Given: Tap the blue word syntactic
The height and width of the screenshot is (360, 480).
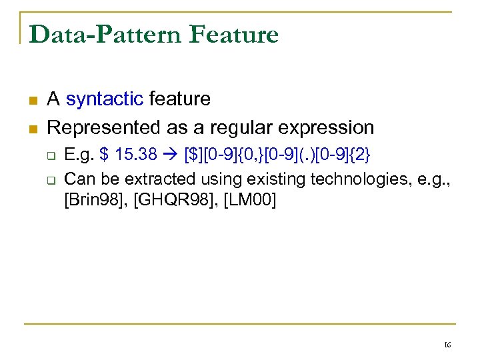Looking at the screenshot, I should coord(105,99).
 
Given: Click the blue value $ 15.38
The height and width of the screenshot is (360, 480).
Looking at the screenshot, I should coord(128,155).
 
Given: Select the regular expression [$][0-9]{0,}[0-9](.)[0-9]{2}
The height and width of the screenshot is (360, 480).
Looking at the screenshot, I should coord(276,155).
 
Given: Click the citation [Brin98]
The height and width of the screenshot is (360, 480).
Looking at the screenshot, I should coord(95,199).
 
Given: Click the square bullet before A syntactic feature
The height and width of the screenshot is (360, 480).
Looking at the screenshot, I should coord(32,101).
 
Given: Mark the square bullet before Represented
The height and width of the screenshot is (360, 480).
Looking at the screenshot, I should coord(32,128).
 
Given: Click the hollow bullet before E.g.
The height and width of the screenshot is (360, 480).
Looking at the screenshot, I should coord(51,156).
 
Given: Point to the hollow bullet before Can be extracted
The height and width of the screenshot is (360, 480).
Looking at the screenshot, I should coord(51,179).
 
